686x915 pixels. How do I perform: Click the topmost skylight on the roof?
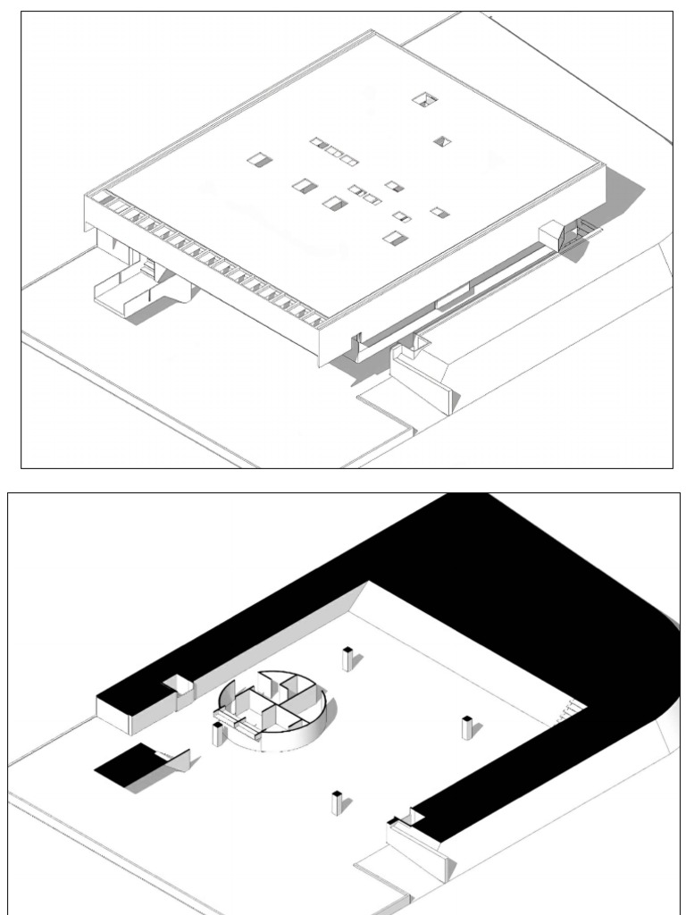click(x=424, y=98)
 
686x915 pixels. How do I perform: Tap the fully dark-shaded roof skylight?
click(x=441, y=141)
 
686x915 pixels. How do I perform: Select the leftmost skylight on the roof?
click(x=259, y=160)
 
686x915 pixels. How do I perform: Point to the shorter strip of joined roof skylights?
click(x=365, y=194)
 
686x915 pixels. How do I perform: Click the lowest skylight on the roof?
click(x=393, y=238)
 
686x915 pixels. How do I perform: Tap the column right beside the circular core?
click(x=218, y=735)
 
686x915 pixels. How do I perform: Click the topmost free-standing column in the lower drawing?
click(x=347, y=659)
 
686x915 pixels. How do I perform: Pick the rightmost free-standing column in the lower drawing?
click(x=466, y=727)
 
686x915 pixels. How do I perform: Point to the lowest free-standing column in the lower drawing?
click(x=337, y=802)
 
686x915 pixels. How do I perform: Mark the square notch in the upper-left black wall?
click(x=178, y=686)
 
